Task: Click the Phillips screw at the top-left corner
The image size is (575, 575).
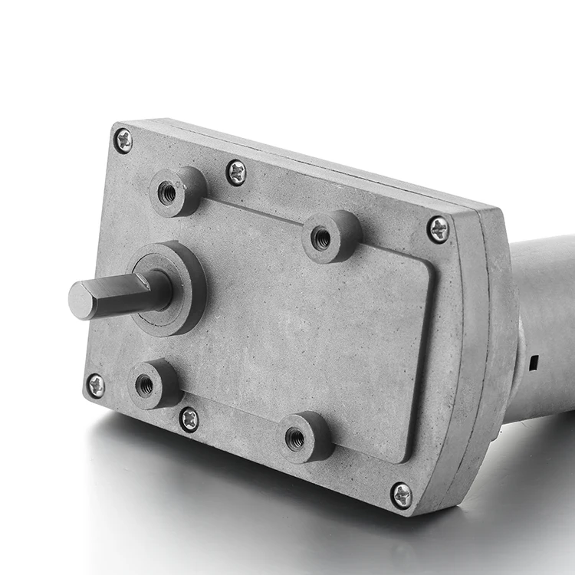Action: (x=123, y=140)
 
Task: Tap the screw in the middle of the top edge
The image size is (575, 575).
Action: (x=236, y=172)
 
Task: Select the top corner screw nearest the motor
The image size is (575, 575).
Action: (x=438, y=229)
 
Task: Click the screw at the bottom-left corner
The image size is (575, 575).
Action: (x=96, y=386)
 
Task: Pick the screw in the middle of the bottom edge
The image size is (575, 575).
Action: (x=189, y=419)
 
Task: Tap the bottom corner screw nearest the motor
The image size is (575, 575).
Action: (x=401, y=495)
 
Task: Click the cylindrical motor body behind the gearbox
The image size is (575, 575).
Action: (x=544, y=322)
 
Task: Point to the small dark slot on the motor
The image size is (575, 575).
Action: (x=532, y=358)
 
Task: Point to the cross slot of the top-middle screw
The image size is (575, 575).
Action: (x=236, y=172)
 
